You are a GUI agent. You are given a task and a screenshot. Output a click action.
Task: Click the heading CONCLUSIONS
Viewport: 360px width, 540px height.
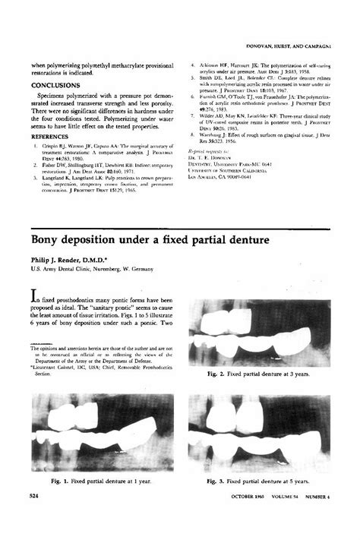[55, 86]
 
